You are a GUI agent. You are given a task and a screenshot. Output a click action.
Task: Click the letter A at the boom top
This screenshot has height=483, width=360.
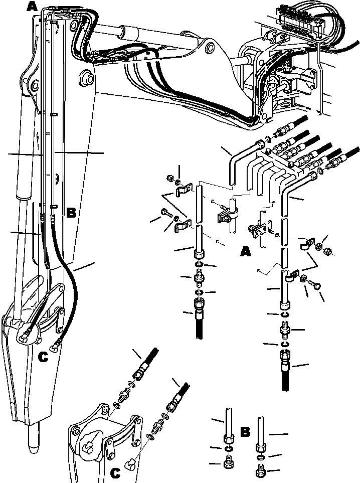point(32,7)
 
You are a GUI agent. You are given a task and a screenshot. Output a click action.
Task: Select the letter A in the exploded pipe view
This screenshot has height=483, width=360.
point(245,251)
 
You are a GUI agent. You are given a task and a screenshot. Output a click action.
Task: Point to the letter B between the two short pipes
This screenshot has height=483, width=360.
point(246,432)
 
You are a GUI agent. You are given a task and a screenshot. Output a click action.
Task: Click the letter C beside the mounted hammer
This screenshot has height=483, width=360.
point(44,357)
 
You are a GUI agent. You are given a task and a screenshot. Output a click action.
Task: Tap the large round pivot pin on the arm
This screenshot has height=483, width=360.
point(86,77)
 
